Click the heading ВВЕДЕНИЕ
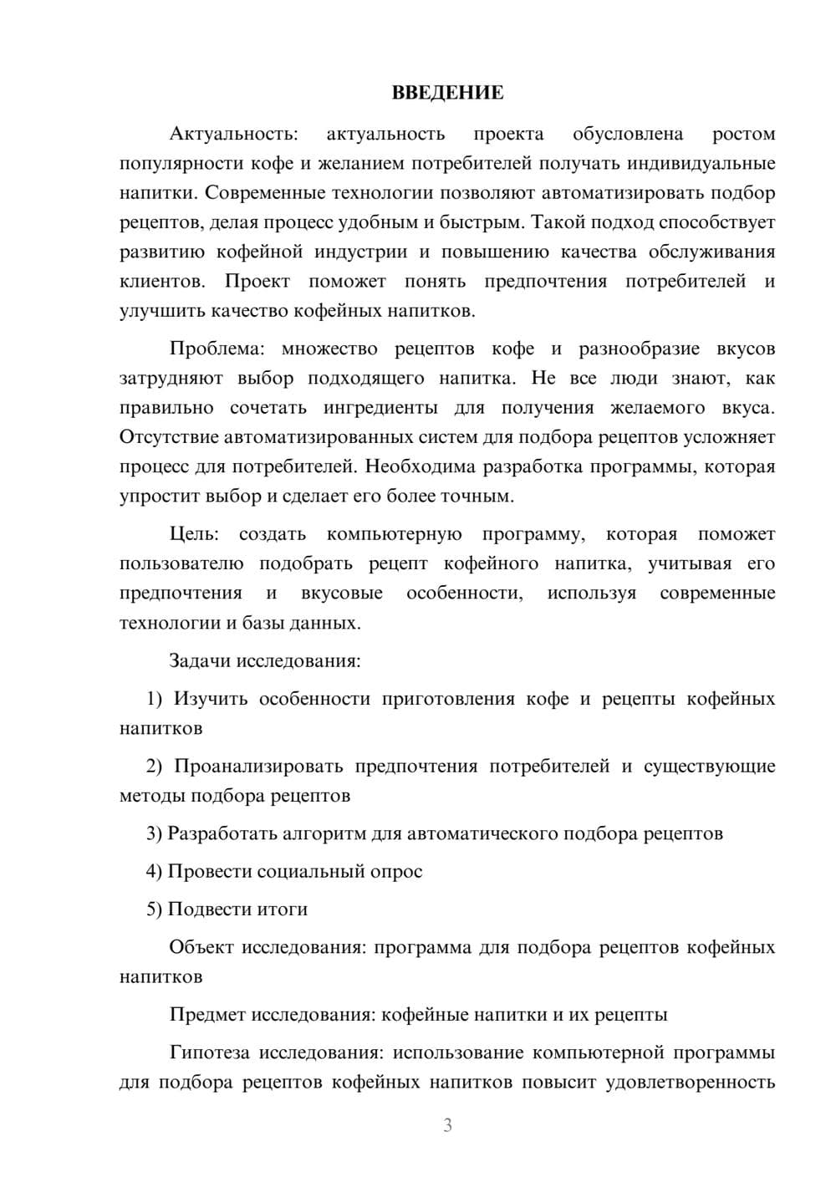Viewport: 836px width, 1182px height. (447, 93)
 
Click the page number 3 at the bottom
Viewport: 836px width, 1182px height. (447, 1125)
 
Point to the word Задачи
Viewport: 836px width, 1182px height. (200, 660)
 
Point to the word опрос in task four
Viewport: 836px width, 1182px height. (396, 871)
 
